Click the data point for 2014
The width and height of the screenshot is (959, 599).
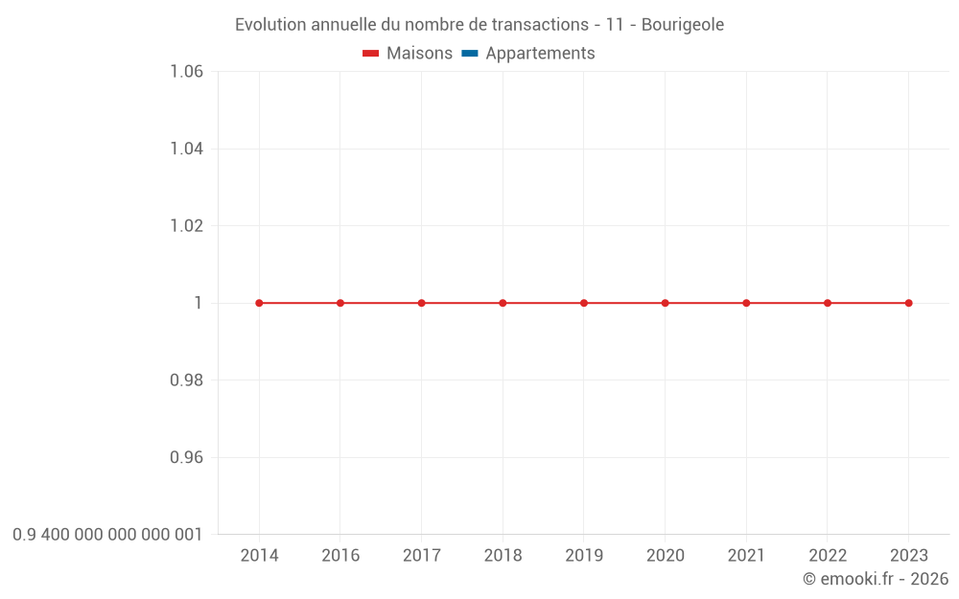(x=259, y=303)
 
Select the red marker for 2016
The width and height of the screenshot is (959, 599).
(x=340, y=303)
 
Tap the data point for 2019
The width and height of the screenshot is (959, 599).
(x=584, y=303)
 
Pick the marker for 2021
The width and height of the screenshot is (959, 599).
(x=746, y=303)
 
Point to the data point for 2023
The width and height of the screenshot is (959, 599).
(x=909, y=303)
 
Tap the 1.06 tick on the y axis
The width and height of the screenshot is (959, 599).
(x=186, y=72)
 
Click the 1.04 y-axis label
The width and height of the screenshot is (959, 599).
(x=186, y=149)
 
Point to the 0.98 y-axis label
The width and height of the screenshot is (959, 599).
(x=186, y=380)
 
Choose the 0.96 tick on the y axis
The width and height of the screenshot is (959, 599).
(x=186, y=457)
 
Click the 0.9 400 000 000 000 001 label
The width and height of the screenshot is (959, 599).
(x=107, y=534)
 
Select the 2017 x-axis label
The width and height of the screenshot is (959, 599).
(x=422, y=556)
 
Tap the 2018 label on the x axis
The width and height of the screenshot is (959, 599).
(x=503, y=556)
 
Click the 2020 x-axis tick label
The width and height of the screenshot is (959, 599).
(x=666, y=556)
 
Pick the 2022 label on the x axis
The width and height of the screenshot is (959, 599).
(x=828, y=556)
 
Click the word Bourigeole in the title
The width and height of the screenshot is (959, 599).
(x=683, y=25)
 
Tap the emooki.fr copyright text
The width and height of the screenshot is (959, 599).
(x=876, y=579)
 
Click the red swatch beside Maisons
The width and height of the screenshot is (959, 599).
(x=371, y=54)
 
